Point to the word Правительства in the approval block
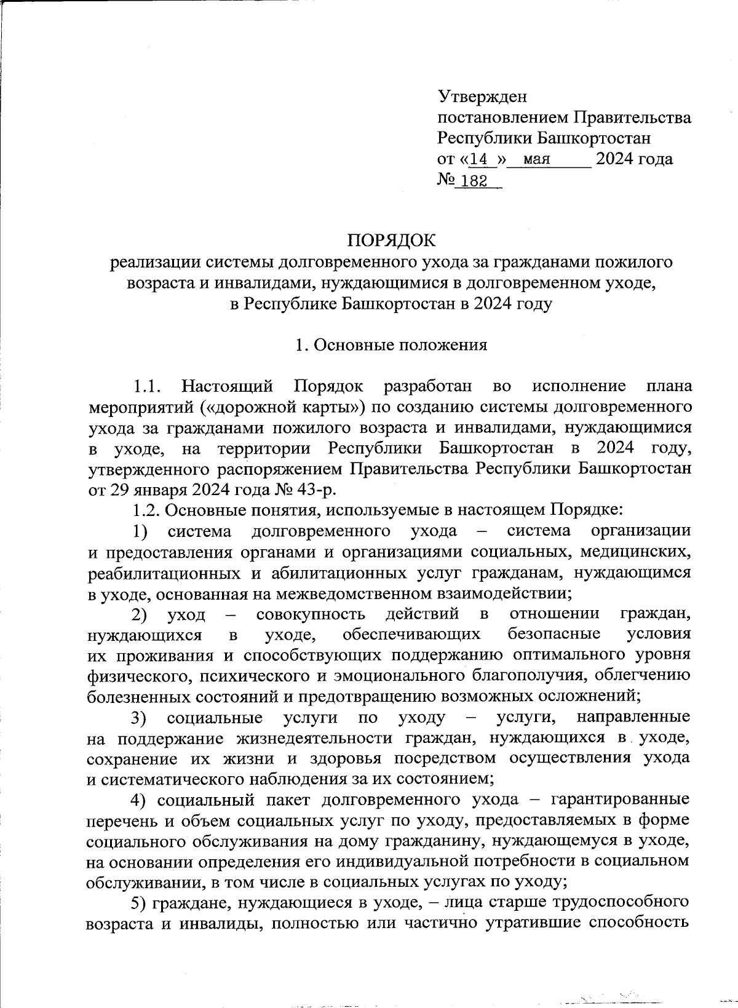(x=632, y=117)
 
